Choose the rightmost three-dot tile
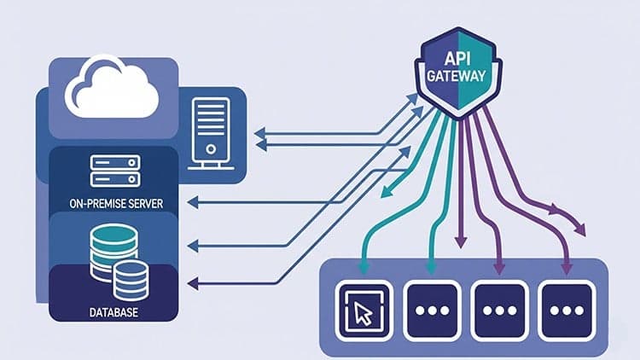pos(566,307)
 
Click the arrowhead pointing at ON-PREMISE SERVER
pos(193,201)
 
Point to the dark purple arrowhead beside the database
pos(193,282)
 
